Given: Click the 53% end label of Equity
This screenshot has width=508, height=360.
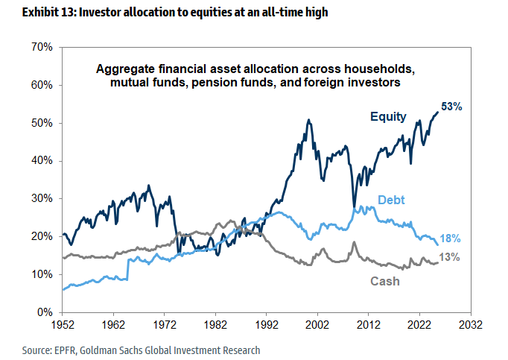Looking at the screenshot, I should pyautogui.click(x=451, y=107).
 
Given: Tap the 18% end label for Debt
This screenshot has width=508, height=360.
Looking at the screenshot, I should pyautogui.click(x=451, y=239).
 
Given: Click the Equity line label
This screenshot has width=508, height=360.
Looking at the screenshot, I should pyautogui.click(x=388, y=116).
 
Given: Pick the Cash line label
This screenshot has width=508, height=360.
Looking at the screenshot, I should pyautogui.click(x=385, y=281).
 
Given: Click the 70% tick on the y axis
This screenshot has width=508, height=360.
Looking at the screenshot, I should pyautogui.click(x=41, y=47).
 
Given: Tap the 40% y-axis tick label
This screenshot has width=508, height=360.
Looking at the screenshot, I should pyautogui.click(x=41, y=161).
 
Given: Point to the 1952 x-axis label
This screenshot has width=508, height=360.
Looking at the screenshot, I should pyautogui.click(x=63, y=326).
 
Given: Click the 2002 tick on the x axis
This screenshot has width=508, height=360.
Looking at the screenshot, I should pyautogui.click(x=318, y=326).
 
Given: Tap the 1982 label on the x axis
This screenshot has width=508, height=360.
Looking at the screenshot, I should pyautogui.click(x=216, y=326).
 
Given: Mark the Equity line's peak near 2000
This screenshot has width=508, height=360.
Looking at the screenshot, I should pyautogui.click(x=308, y=119).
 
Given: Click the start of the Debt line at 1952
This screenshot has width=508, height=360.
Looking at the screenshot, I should pyautogui.click(x=64, y=288).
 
